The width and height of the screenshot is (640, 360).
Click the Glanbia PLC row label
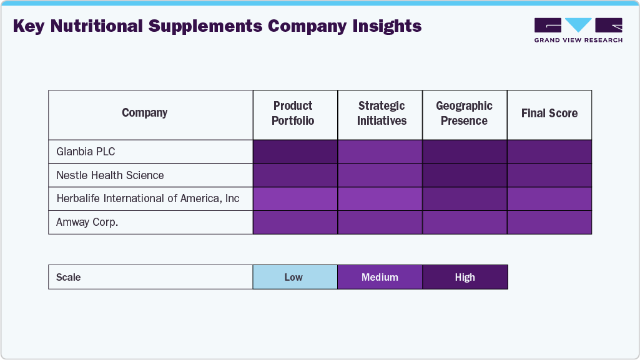[86, 152]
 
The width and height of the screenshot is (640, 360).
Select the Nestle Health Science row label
[110, 175]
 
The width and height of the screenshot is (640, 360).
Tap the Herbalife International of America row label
[148, 198]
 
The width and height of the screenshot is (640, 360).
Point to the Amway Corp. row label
[87, 222]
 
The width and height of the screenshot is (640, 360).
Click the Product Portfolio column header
[293, 114]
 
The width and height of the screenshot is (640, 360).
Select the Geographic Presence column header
[464, 114]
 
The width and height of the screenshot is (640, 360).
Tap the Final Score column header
[549, 114]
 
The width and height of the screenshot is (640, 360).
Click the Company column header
[145, 113]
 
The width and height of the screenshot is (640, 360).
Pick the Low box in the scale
[294, 277]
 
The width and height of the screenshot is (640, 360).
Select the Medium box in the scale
[380, 277]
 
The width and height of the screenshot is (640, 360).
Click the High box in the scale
[465, 277]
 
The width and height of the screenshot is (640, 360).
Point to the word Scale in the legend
[69, 277]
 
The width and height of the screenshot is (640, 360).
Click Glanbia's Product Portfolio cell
[295, 152]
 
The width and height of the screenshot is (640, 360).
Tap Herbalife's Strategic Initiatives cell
[380, 198]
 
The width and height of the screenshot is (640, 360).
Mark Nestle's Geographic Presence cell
[465, 175]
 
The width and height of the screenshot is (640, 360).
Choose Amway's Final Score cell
[549, 222]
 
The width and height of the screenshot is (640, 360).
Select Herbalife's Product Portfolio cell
[295, 198]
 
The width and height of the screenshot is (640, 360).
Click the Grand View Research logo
[578, 30]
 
